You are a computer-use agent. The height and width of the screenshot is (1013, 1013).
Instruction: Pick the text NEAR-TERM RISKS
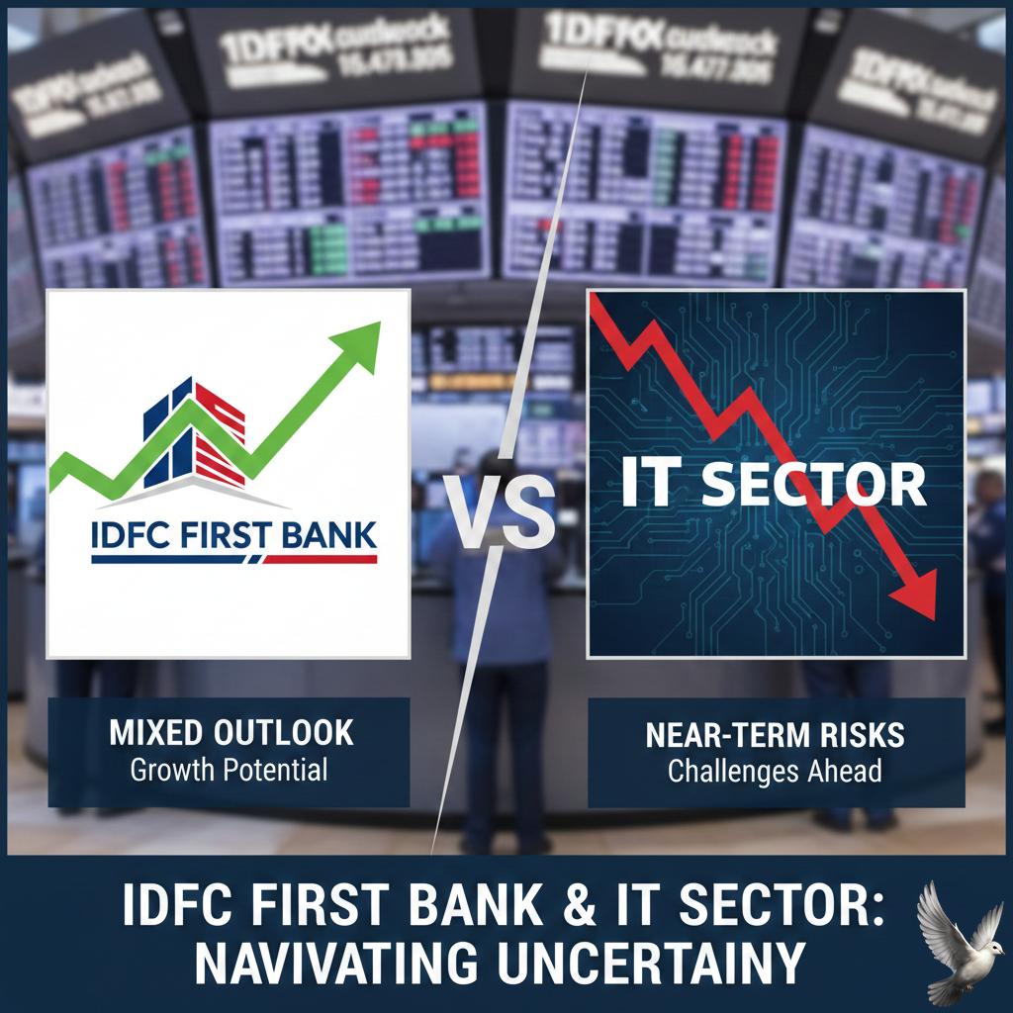(x=776, y=736)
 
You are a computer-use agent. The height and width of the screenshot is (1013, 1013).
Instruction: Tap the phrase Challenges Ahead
(x=776, y=770)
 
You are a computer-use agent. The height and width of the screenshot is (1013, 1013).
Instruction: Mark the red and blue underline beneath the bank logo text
(x=233, y=560)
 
